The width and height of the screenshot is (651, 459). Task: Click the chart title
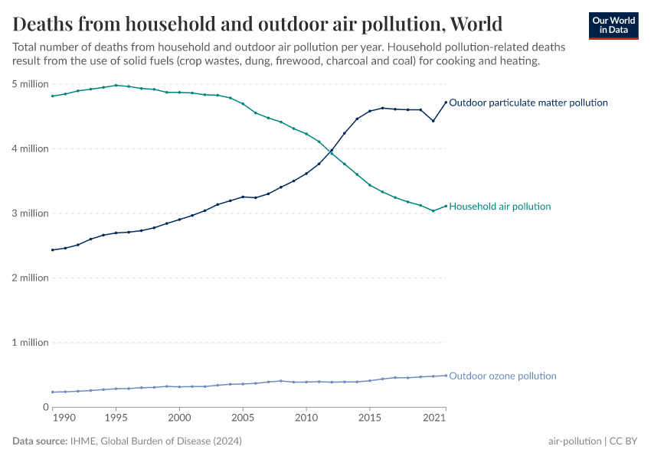click(x=257, y=22)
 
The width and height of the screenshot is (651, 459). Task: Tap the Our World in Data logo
click(x=613, y=25)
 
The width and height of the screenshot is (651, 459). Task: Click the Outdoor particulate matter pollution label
click(x=528, y=103)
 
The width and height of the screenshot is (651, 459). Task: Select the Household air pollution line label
click(x=499, y=207)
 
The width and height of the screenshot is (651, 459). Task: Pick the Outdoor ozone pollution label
click(x=502, y=376)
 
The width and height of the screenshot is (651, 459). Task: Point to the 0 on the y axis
click(x=45, y=407)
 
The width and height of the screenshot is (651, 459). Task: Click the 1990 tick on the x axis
click(x=64, y=418)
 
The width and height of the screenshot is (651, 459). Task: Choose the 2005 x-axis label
click(x=243, y=418)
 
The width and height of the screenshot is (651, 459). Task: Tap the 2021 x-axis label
click(x=433, y=418)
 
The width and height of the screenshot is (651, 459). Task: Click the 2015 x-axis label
click(x=370, y=418)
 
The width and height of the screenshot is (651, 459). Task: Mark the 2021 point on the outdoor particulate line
click(x=446, y=103)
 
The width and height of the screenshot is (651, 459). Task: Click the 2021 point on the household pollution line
click(x=446, y=206)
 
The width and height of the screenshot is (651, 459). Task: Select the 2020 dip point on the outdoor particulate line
click(x=433, y=121)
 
